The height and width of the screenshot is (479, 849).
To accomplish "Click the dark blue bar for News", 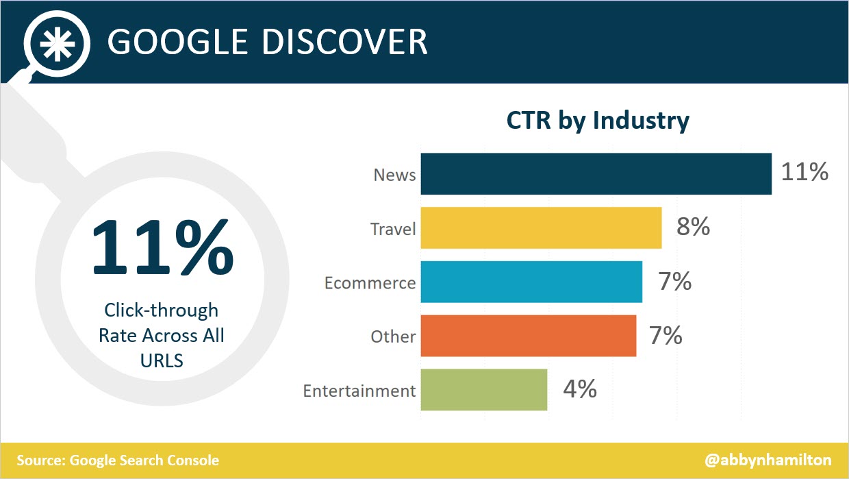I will (596, 174).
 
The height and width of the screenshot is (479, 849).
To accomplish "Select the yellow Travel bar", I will (541, 228).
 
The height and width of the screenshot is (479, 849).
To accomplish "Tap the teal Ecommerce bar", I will (531, 282).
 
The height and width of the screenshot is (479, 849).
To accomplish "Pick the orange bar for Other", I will (528, 336).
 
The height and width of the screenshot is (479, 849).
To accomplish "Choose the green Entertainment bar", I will (483, 390).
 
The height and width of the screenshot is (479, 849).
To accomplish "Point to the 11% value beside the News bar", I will (804, 172).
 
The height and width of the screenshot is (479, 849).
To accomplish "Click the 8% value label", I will (693, 227).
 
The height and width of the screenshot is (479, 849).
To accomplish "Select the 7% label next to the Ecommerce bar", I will (674, 281).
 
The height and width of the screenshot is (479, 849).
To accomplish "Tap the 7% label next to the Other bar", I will (665, 335).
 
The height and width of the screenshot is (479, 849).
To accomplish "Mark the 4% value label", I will (579, 389).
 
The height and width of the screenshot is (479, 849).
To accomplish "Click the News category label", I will (394, 175).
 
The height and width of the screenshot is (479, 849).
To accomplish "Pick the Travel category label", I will (393, 229).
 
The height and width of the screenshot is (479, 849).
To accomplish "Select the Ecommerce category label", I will (370, 283).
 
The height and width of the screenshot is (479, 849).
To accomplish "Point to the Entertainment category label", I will (359, 391).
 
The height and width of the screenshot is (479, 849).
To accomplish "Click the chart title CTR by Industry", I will (597, 121).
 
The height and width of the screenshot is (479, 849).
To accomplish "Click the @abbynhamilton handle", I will (767, 460).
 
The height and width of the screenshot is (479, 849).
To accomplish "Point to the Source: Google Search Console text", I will (118, 460).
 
